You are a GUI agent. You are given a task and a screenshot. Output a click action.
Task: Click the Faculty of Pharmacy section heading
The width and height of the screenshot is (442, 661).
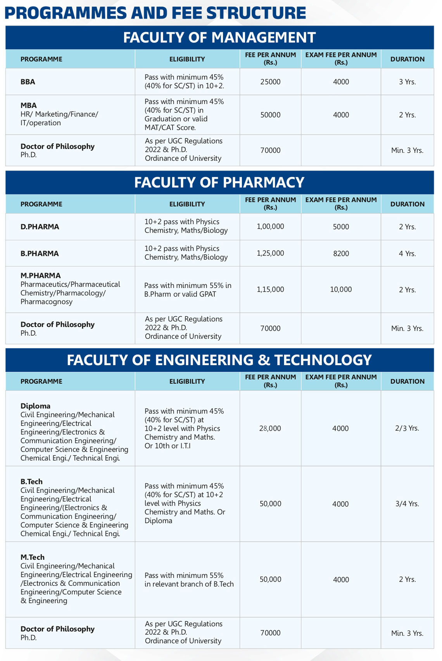(219, 183)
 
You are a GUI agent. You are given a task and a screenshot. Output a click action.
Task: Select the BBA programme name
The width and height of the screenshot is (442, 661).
(28, 82)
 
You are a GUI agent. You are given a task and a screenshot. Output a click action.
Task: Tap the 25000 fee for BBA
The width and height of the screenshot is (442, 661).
(270, 82)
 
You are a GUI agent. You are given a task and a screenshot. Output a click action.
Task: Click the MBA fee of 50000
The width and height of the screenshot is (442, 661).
(270, 115)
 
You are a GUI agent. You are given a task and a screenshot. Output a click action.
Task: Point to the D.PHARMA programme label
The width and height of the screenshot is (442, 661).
(40, 227)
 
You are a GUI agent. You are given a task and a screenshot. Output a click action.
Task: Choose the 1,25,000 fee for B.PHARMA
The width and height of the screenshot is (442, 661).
(270, 253)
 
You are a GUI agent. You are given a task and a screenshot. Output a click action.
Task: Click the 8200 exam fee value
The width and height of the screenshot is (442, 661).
(341, 254)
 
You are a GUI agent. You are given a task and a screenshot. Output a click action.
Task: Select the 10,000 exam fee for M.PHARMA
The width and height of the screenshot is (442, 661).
(341, 289)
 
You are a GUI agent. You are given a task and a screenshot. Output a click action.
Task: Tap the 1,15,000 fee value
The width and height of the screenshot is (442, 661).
(270, 289)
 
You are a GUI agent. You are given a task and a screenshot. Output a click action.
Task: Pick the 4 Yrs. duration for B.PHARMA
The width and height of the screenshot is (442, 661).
(407, 254)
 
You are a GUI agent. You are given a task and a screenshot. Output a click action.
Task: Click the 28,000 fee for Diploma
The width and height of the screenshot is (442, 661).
(270, 428)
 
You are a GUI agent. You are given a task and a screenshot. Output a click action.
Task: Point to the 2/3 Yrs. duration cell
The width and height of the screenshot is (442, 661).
(407, 428)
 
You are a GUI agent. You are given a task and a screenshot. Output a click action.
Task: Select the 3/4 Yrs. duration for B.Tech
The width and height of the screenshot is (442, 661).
(407, 504)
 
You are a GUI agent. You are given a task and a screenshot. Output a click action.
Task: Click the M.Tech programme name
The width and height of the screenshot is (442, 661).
(33, 557)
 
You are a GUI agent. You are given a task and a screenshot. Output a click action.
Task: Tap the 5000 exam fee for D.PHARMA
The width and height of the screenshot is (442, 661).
(341, 227)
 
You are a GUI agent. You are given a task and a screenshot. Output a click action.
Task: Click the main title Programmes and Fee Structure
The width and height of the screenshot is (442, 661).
(155, 13)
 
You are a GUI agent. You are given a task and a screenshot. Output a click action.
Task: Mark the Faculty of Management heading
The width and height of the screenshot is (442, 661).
(219, 38)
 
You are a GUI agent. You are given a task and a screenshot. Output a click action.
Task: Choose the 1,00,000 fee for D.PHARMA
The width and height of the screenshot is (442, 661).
(270, 226)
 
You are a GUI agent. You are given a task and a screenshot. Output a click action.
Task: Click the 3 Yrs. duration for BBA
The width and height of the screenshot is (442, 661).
(407, 82)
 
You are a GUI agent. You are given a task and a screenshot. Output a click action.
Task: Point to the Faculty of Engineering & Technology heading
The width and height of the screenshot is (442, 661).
(219, 360)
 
